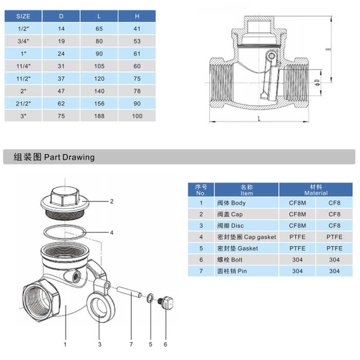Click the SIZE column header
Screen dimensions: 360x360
pyautogui.click(x=23, y=16)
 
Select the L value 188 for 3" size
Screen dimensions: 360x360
pyautogui.click(x=99, y=116)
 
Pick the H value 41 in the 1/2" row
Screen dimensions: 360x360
pyautogui.click(x=137, y=29)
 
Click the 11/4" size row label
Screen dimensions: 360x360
pyautogui.click(x=23, y=66)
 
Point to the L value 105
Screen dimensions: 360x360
pyautogui.click(x=99, y=66)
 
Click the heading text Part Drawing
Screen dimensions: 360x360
pyautogui.click(x=69, y=157)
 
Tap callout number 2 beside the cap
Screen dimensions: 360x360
pyautogui.click(x=112, y=201)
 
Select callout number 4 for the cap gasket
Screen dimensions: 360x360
pyautogui.click(x=112, y=232)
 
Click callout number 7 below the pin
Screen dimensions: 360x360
pyautogui.click(x=131, y=343)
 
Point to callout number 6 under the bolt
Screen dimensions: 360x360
pyautogui.click(x=166, y=343)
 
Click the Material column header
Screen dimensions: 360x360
pyautogui.click(x=316, y=190)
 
